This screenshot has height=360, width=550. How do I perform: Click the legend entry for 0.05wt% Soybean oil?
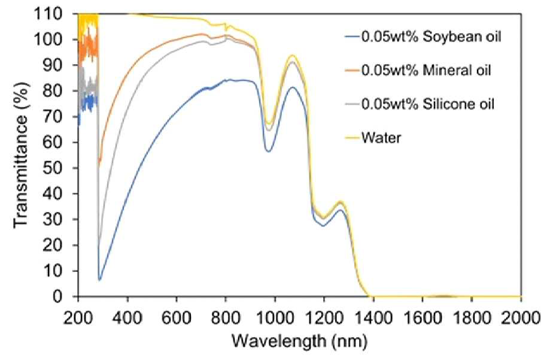431,37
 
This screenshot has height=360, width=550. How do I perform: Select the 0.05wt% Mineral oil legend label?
426,70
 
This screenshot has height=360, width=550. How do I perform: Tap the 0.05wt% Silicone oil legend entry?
427,104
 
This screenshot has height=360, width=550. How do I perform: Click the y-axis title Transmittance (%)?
21,156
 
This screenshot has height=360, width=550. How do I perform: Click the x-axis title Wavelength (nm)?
299,341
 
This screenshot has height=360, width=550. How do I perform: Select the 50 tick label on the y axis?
62,168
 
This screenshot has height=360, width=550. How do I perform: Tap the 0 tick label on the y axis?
66,297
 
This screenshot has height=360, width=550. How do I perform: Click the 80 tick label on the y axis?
62,91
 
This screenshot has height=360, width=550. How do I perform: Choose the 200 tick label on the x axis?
78,319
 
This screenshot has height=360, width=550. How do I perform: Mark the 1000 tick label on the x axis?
275,319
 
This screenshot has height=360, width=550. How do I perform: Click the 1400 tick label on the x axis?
373,319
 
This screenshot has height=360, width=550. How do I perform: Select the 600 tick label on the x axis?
177,319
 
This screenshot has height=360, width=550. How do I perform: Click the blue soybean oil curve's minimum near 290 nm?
100,280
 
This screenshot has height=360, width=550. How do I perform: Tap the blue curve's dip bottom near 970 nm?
269,152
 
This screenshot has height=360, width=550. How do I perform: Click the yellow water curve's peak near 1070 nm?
292,56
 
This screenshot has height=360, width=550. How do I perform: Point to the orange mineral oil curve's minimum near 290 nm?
99,163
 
